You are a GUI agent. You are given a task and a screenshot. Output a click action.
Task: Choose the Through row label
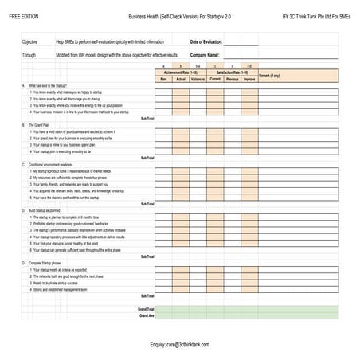coord(29,55)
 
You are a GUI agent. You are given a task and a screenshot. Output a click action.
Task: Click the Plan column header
coord(163,80)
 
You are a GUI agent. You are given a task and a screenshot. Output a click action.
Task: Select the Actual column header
coord(181,80)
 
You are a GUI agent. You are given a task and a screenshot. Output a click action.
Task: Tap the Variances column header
coord(198,80)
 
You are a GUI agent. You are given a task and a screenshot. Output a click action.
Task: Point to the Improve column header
coord(250,80)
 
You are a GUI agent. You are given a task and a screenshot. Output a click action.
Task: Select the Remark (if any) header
coord(271,76)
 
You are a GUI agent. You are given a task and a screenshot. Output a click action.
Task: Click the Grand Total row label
coord(146,307)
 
